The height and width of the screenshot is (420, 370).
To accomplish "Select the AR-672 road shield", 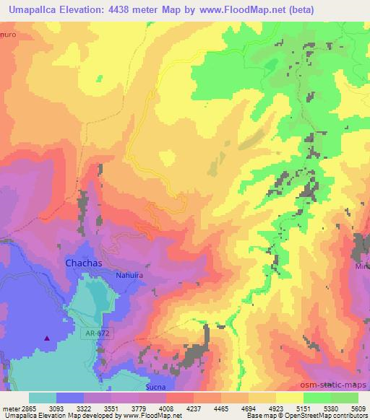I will pos(91,335).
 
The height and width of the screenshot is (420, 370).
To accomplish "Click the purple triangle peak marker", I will pos(48,337).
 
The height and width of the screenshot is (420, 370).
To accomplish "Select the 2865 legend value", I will pos(30,408).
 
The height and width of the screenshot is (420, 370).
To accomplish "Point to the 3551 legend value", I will pos(112,408).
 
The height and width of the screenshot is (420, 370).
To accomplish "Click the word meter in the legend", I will pos(10,408).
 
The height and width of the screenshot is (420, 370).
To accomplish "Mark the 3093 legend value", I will pos(57,408).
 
